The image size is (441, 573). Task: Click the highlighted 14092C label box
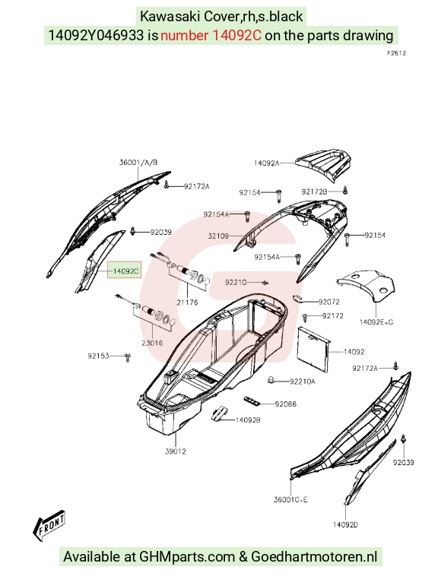coord(124,271)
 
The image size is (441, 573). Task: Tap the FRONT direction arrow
coord(49,525)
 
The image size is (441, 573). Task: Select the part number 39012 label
coord(176,451)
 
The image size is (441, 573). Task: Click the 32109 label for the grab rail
coord(218,236)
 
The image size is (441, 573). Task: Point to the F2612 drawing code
coord(396,53)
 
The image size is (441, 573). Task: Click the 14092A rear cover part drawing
coord(323,166)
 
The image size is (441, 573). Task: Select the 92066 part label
coord(286,404)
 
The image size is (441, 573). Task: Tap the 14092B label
coord(248,420)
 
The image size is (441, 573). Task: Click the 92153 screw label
coord(98,356)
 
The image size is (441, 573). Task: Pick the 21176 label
coord(187,302)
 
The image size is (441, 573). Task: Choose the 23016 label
coord(152,343)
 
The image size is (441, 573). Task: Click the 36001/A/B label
coord(138,163)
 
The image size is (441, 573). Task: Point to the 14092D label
coord(345,525)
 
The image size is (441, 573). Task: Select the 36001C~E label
coord(290,499)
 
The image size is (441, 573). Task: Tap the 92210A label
coord(303,381)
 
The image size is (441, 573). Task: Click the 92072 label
coord(329,302)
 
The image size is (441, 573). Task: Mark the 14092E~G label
coord(376,322)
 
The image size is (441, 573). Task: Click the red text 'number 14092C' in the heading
coord(211,36)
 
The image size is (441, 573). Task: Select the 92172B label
coord(314,192)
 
